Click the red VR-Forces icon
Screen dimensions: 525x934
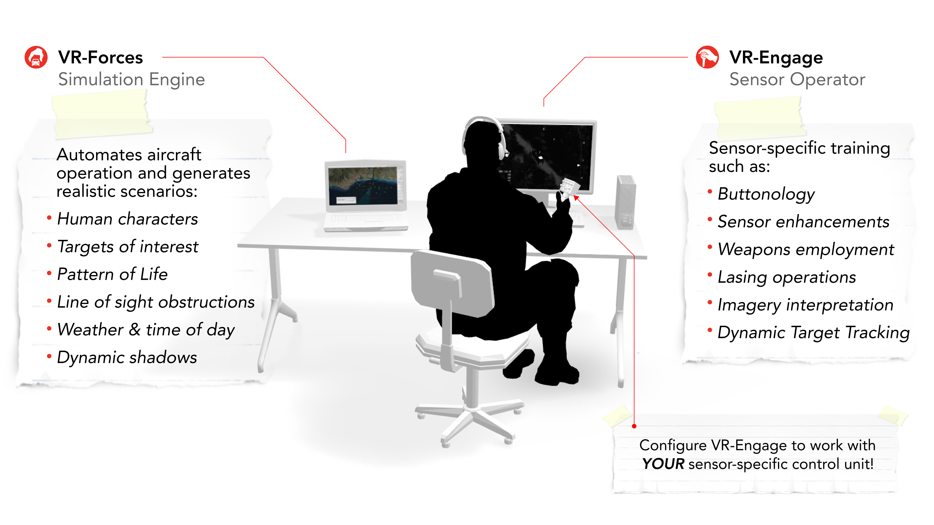tap(36, 57)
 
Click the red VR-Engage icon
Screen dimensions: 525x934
tap(707, 57)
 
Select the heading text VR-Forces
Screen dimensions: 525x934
tap(101, 57)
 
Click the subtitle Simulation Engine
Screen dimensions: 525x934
tap(131, 79)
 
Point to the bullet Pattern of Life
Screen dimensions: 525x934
tap(112, 274)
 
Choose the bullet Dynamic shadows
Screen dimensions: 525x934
tap(127, 357)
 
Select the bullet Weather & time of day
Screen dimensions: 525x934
tap(146, 330)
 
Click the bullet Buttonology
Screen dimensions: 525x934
tap(766, 194)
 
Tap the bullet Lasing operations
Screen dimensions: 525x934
tap(786, 277)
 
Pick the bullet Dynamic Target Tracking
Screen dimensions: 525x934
tap(813, 333)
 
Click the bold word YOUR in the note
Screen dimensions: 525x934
tap(663, 464)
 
